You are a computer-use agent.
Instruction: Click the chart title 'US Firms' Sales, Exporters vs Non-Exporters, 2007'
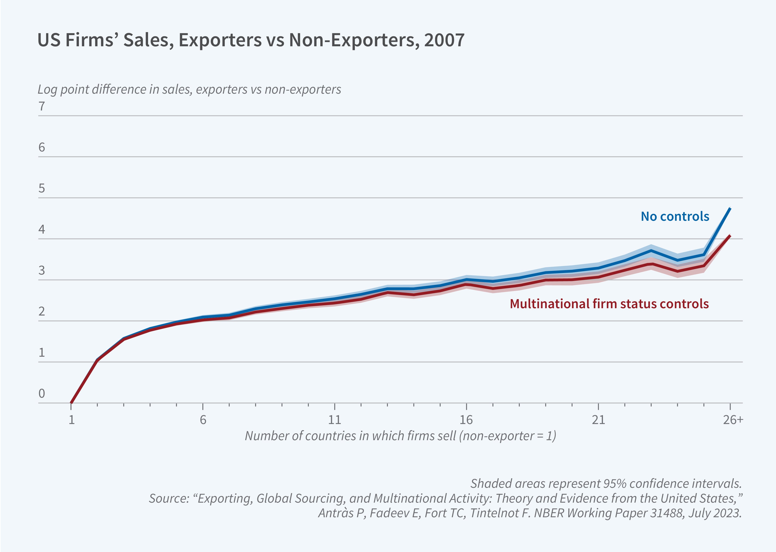click(251, 40)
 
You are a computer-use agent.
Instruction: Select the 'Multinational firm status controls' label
click(609, 304)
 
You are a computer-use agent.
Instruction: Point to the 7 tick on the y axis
click(41, 106)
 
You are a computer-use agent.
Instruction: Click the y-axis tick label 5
click(41, 188)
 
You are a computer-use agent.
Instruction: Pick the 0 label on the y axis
click(41, 393)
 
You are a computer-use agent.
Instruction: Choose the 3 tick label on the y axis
click(41, 271)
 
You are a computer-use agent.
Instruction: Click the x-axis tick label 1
click(71, 420)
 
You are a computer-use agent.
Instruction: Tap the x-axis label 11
click(334, 420)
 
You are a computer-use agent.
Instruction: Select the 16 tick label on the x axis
click(466, 420)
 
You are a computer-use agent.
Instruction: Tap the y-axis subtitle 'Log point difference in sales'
click(189, 89)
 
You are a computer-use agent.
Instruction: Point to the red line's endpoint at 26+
click(730, 236)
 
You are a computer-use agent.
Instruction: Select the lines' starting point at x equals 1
click(71, 403)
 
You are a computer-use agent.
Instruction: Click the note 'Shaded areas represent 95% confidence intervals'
click(606, 483)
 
